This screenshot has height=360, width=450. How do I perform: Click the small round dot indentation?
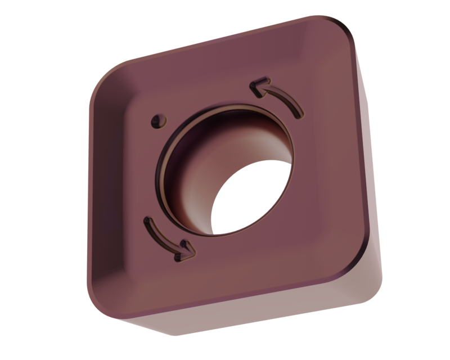pos(158,120)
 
